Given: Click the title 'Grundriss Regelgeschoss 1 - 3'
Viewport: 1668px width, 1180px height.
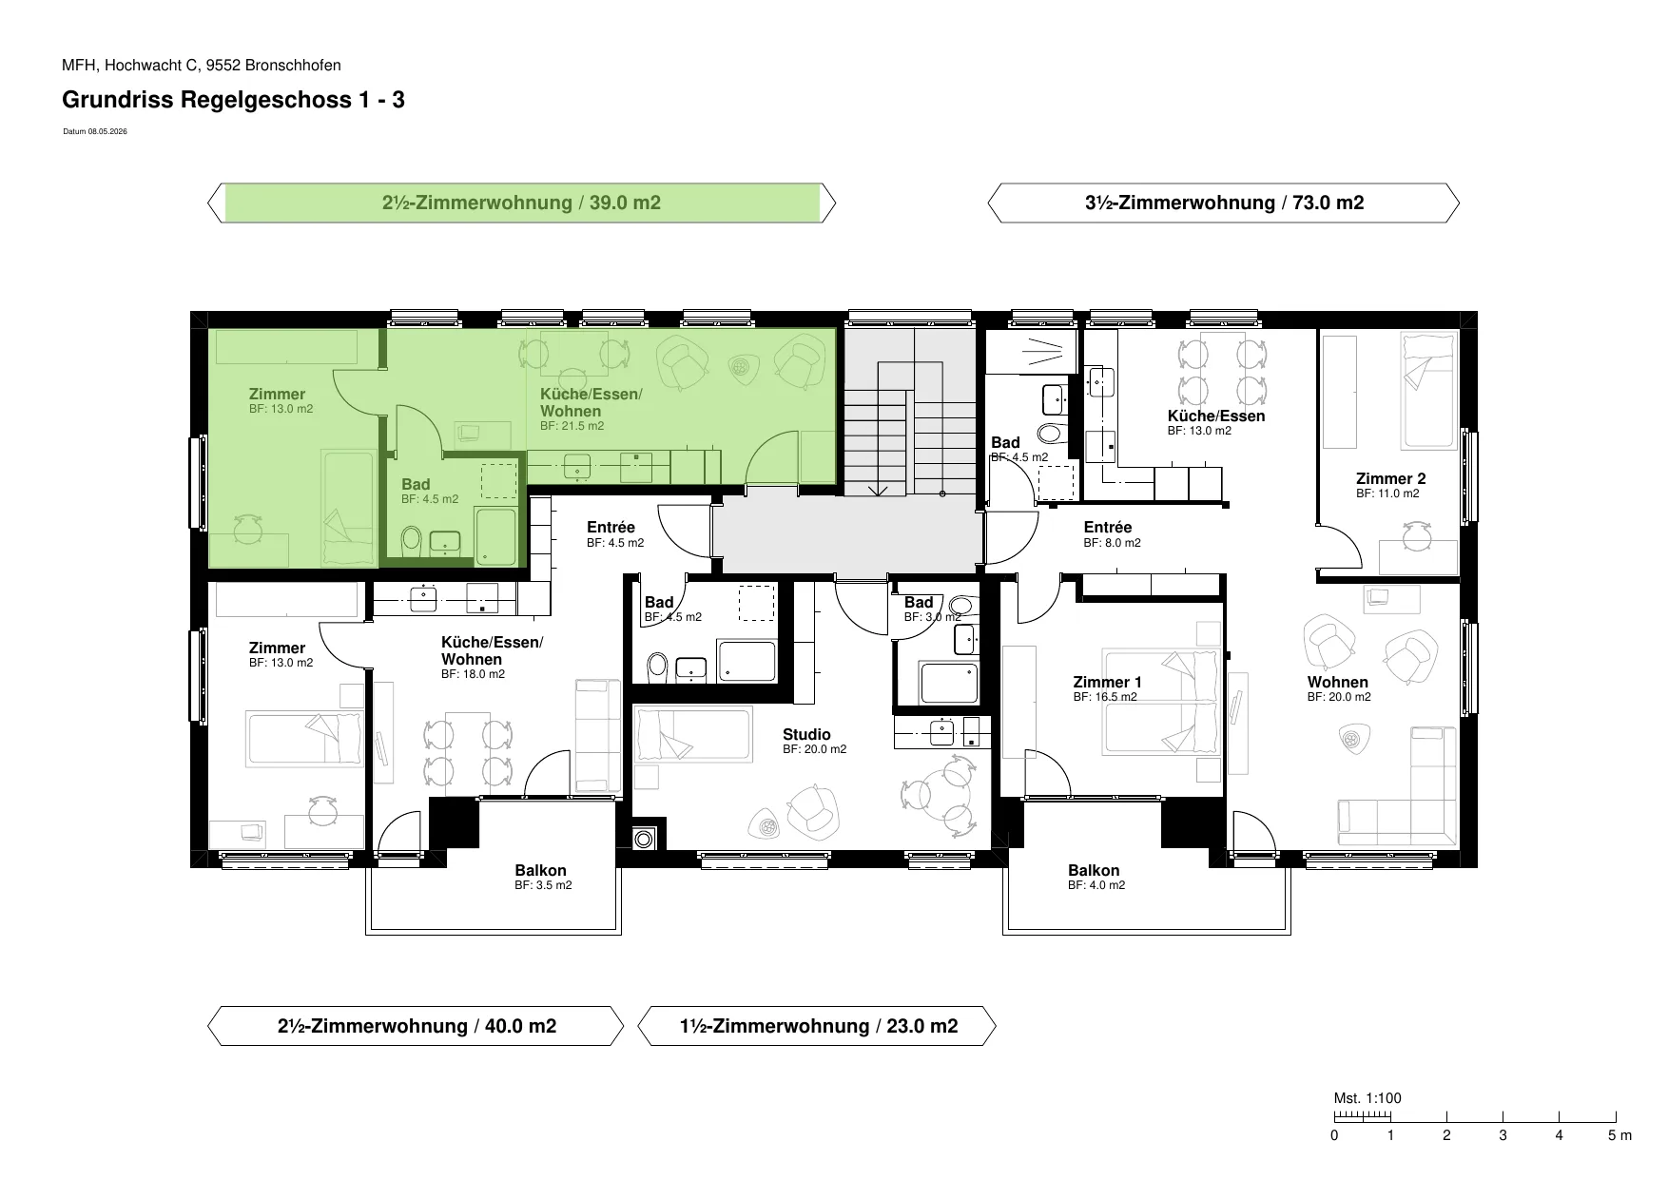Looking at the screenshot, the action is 233,99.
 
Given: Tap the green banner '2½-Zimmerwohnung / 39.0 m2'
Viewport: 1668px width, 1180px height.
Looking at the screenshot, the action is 522,203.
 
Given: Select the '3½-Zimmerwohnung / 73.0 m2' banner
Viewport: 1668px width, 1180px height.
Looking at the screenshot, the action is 1224,203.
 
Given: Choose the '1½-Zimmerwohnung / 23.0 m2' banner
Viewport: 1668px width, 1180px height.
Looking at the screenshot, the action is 818,1026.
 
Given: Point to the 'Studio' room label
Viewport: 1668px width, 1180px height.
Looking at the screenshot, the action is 806,734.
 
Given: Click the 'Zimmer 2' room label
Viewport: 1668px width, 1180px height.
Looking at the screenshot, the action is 1390,478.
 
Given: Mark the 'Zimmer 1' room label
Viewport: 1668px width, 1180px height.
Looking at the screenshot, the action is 1107,682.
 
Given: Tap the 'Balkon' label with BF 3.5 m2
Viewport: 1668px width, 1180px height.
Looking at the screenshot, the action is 540,870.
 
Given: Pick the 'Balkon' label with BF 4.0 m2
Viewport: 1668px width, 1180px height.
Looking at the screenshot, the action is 1094,870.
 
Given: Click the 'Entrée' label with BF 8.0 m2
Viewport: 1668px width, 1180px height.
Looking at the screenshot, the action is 1108,527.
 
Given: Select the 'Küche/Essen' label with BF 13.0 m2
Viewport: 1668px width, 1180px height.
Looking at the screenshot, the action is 1216,416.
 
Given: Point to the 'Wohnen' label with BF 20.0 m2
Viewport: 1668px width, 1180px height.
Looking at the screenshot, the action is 1337,682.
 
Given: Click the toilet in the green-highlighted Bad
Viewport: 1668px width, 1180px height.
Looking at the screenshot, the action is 411,540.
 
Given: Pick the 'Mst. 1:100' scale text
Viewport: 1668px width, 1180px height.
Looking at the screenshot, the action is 1367,1098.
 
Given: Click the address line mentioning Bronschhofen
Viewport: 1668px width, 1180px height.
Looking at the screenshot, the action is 202,66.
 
